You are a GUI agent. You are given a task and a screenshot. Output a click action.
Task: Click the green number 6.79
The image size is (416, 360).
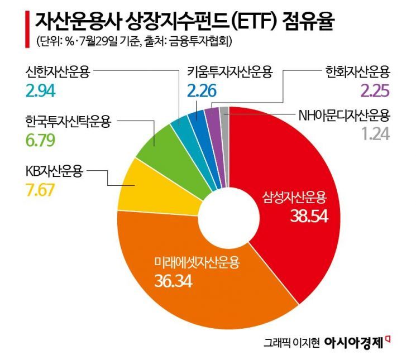[41, 138]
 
